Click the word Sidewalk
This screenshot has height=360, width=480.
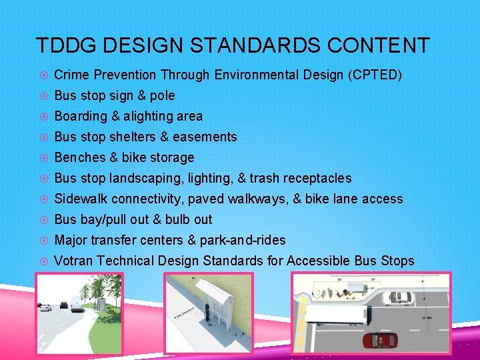pos(81,199)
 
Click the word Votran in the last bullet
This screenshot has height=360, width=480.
pos(73,261)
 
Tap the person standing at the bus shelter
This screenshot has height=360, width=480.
pos(207,313)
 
